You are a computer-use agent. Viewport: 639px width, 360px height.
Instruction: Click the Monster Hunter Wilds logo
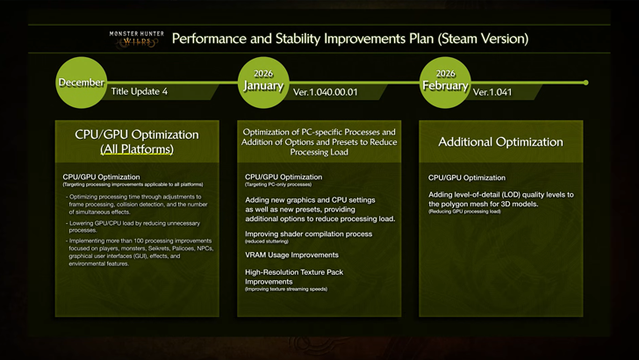135,39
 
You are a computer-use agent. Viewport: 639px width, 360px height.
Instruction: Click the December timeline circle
82,83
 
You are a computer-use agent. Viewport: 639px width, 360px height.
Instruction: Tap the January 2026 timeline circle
263,82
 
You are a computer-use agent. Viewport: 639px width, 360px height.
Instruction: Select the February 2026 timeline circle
445,82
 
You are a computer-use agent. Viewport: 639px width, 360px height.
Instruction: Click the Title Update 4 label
140,91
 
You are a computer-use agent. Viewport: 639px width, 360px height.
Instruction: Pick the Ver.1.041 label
492,91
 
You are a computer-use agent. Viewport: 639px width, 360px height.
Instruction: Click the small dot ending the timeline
585,83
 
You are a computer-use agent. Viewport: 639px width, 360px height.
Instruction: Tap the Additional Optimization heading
500,141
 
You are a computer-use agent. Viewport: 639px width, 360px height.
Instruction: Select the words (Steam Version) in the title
484,39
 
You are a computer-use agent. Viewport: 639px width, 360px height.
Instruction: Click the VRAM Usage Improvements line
291,256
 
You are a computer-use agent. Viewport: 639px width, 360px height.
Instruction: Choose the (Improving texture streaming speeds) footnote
285,289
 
